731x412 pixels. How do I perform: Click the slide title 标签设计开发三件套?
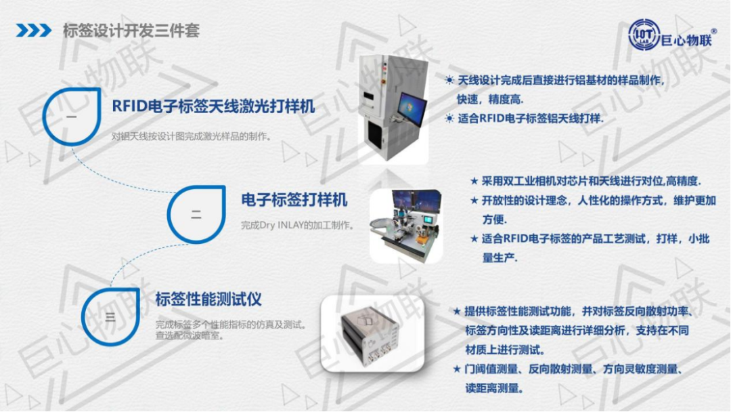(131, 30)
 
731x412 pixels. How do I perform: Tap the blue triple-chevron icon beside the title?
(34, 30)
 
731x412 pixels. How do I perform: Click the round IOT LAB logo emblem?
(644, 35)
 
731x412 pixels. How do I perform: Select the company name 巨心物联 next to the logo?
(687, 39)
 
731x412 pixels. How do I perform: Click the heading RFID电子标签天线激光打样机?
(213, 106)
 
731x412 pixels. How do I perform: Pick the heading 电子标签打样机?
(294, 200)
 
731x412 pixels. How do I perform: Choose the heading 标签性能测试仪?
(208, 300)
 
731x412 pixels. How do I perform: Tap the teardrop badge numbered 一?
(72, 117)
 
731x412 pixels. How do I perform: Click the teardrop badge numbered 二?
(196, 215)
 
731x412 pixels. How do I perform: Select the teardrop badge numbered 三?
(110, 317)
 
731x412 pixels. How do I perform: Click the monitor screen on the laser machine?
(412, 110)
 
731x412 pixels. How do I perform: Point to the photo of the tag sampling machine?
(406, 226)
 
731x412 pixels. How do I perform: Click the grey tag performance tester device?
(371, 335)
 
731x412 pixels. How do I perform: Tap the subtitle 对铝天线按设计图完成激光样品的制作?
(192, 137)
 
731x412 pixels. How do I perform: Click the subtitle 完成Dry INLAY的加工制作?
(297, 226)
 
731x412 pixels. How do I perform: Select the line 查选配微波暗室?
(190, 335)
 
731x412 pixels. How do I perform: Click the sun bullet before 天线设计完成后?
(449, 80)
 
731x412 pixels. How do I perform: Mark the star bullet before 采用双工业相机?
(474, 181)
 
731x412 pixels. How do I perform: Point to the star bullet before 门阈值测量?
(457, 369)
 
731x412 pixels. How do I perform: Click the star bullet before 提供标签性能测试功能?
(457, 311)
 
